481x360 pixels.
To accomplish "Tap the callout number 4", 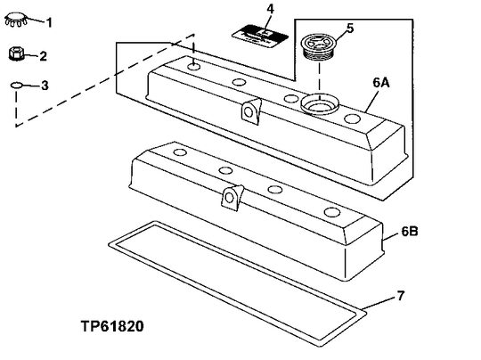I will click(271, 10).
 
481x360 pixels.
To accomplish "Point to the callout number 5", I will click(350, 28).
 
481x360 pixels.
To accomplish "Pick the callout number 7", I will click(399, 293).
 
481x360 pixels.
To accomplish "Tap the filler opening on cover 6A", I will click(316, 104).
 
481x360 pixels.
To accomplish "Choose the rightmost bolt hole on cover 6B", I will click(331, 212).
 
